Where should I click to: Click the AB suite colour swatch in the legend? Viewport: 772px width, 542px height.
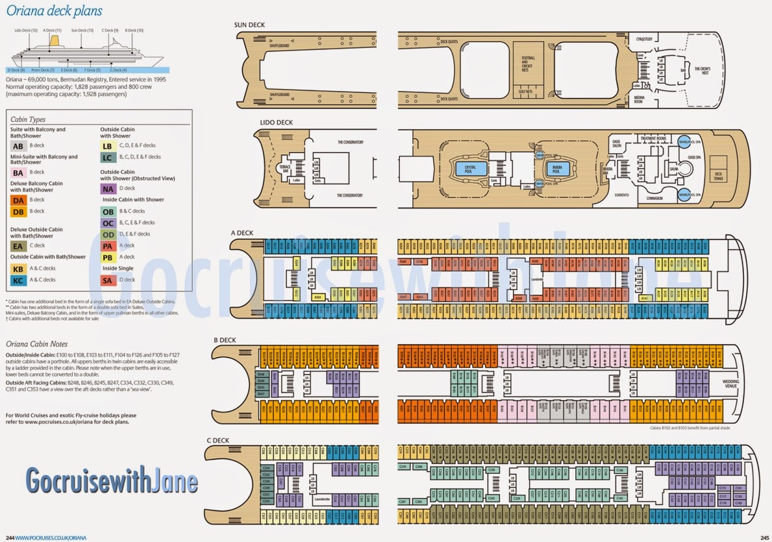click(x=18, y=146)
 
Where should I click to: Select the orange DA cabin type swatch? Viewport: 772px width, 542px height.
click(x=18, y=201)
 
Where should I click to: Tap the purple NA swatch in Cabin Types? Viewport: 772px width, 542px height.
click(x=108, y=189)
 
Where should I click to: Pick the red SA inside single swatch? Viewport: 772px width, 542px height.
click(x=108, y=280)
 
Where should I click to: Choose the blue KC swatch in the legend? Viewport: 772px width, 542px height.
click(x=18, y=280)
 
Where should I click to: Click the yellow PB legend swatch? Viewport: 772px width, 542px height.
click(x=108, y=257)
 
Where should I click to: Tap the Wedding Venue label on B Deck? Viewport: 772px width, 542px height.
click(x=731, y=383)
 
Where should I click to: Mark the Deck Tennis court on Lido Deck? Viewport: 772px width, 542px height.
click(x=718, y=171)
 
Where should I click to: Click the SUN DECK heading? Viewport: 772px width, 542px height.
click(x=249, y=25)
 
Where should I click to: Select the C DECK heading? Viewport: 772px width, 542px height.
click(x=219, y=441)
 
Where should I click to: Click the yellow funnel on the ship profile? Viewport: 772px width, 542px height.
click(x=55, y=40)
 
